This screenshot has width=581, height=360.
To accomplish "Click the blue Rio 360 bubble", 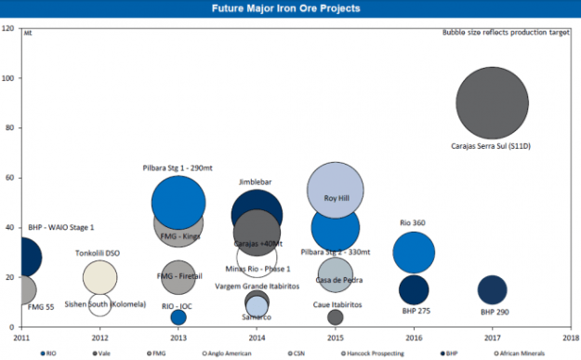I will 414,252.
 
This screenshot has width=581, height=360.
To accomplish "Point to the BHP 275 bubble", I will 414,289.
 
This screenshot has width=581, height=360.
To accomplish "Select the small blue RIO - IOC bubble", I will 178,317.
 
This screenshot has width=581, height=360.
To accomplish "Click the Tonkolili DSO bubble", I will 100,276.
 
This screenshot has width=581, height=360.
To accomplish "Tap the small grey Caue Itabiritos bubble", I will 336,317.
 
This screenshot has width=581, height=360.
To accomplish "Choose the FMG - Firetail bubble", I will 178,276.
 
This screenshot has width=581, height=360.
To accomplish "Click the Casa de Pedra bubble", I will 336,275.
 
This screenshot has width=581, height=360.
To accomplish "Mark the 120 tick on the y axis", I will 8,29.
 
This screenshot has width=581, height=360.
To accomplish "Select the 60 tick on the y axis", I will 10,178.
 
